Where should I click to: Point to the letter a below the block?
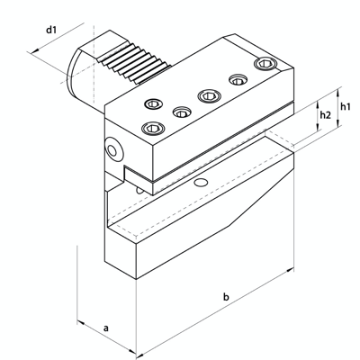click(106, 329)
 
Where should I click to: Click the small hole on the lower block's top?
click(201, 183)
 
